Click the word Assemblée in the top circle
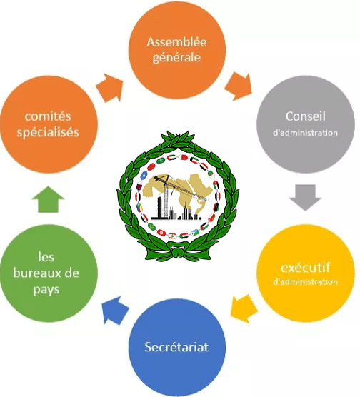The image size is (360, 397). click(176, 42)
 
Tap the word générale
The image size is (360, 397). click(176, 57)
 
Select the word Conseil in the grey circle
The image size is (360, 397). click(306, 116)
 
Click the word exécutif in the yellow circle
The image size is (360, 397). click(305, 267)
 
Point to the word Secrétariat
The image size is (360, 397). click(176, 346)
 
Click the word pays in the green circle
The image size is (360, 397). click(46, 290)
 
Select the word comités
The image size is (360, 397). click(48, 116)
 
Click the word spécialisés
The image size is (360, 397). click(48, 132)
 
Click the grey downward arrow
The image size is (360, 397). click(305, 197)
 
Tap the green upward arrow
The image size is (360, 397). click(48, 199)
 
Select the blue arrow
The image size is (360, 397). click(115, 310)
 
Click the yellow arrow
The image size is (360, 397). click(244, 308)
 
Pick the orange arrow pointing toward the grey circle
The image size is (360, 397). click(239, 86)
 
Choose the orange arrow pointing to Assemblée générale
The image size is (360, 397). click(109, 88)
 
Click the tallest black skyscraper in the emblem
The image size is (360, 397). click(159, 206)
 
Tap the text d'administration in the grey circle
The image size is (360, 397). click(305, 133)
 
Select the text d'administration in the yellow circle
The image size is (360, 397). click(305, 281)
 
